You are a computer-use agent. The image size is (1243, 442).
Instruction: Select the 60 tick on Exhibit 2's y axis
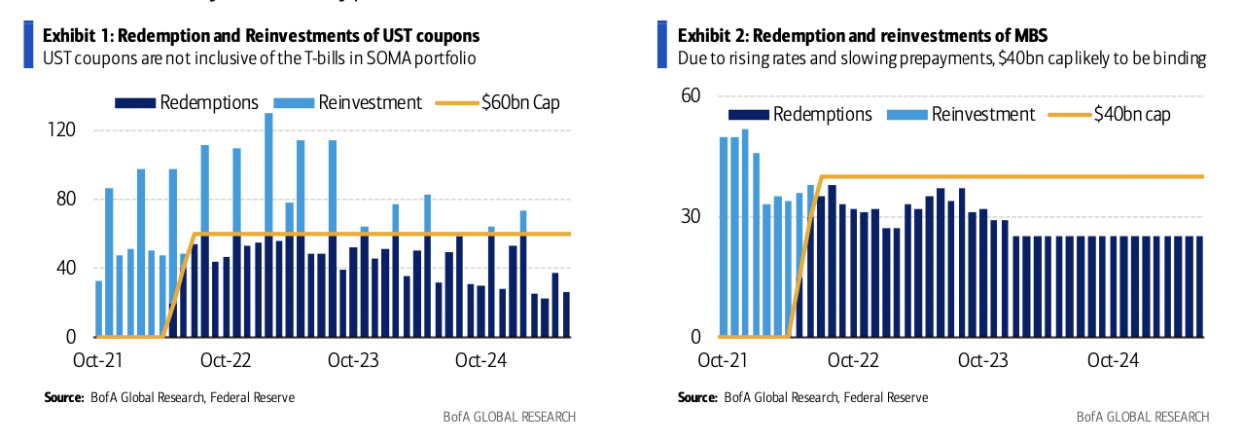coord(690,96)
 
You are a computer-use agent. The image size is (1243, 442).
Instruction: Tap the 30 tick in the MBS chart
coord(690,216)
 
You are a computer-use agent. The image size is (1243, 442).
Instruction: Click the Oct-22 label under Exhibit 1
coord(226,360)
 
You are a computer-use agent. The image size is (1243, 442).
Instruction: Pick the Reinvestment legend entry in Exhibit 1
coord(370,102)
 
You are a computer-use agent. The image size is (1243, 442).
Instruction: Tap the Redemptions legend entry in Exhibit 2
coord(822,114)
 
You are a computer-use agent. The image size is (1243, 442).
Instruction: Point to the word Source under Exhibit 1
coord(62,397)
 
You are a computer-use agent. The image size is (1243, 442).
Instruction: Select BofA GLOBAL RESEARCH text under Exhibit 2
coord(1143,417)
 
